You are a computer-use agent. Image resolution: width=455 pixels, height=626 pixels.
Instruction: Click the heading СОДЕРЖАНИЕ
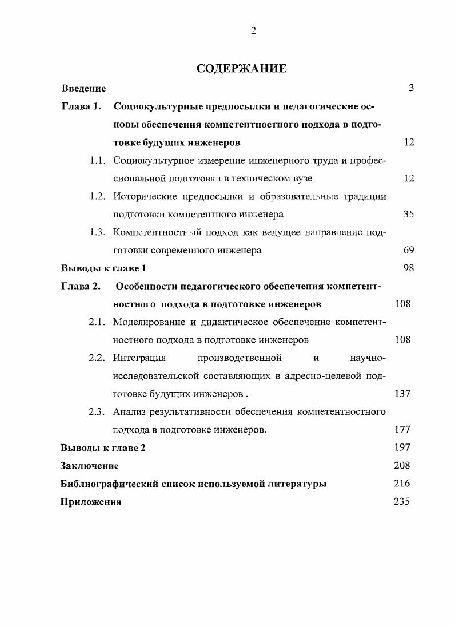pyautogui.click(x=241, y=69)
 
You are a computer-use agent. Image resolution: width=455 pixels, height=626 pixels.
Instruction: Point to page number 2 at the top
pyautogui.click(x=253, y=31)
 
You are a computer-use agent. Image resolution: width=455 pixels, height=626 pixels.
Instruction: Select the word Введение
pyautogui.click(x=83, y=88)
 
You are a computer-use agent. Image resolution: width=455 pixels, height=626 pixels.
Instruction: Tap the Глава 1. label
pyautogui.click(x=81, y=106)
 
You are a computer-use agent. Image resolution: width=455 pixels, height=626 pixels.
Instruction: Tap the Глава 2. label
pyautogui.click(x=81, y=286)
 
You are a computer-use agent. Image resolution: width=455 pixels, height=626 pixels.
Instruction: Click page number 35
pyautogui.click(x=408, y=214)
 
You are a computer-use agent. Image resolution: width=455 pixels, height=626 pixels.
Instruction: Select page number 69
pyautogui.click(x=408, y=250)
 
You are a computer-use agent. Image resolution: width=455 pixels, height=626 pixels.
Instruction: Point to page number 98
pyautogui.click(x=408, y=268)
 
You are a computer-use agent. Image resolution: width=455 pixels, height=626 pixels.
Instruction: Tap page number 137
pyautogui.click(x=402, y=394)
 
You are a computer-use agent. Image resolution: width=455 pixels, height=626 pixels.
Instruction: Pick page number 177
pyautogui.click(x=402, y=429)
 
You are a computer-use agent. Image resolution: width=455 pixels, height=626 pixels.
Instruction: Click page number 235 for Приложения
pyautogui.click(x=402, y=501)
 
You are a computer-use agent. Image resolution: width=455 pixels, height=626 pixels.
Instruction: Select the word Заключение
pyautogui.click(x=90, y=466)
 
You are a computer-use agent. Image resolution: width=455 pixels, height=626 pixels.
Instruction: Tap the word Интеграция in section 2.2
pyautogui.click(x=139, y=358)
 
